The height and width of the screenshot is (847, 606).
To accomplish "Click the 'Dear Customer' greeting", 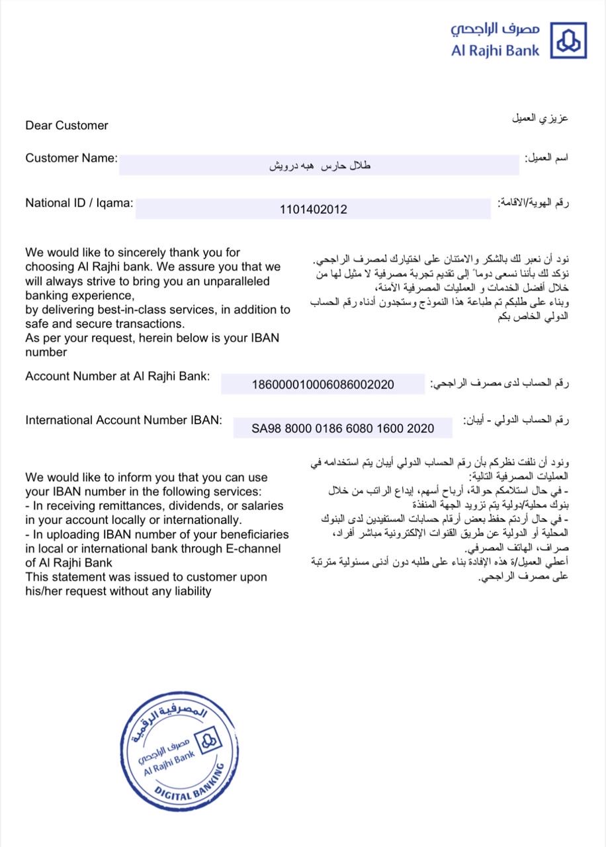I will tap(67, 125).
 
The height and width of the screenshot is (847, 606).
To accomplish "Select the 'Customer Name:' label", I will tap(71, 158).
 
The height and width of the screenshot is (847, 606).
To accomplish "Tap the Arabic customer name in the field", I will tap(320, 165).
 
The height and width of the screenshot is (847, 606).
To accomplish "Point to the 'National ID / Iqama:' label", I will tap(79, 203).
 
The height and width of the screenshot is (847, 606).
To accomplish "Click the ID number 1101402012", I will tap(314, 210).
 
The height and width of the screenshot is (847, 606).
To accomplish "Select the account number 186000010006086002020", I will tap(323, 384).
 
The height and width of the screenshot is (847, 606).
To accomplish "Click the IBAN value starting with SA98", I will tap(343, 428).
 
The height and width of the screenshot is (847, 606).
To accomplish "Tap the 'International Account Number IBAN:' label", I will tap(124, 420).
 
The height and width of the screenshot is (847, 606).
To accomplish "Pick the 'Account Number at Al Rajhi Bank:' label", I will tap(118, 376).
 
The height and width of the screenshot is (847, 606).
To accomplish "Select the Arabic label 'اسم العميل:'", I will tap(546, 159).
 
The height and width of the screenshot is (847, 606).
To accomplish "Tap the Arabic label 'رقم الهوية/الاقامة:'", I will tap(534, 203).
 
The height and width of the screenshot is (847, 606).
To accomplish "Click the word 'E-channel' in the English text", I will tap(254, 549).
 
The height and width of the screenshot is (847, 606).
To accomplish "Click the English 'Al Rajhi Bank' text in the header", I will tap(496, 50).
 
